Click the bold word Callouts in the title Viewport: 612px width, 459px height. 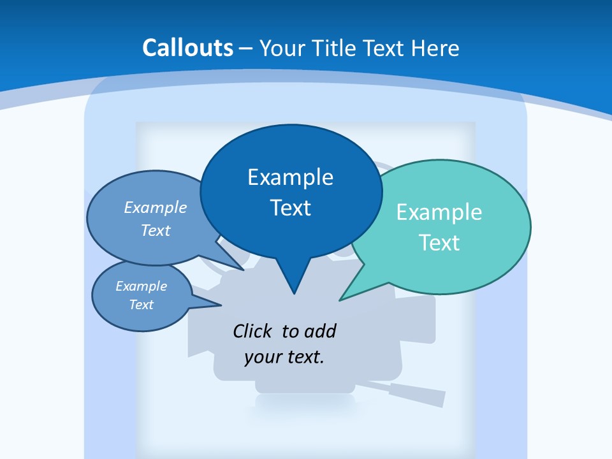[187, 48]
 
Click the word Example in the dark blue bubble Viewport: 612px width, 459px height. [290, 177]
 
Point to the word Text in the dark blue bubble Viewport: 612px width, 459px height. [290, 208]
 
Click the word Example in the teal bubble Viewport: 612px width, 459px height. [439, 212]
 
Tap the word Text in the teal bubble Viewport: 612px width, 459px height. [439, 243]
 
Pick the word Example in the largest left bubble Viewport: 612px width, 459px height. [156, 207]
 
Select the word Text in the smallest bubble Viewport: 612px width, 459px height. [142, 305]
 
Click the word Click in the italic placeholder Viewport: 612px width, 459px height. [253, 331]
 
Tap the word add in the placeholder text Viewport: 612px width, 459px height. [321, 331]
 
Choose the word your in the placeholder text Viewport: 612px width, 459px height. [262, 357]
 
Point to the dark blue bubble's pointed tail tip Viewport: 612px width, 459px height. [294, 293]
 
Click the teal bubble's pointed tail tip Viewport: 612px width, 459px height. [340, 300]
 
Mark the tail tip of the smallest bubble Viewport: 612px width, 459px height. [221, 305]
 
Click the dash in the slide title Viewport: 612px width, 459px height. [246, 48]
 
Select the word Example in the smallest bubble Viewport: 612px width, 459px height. [142, 286]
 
